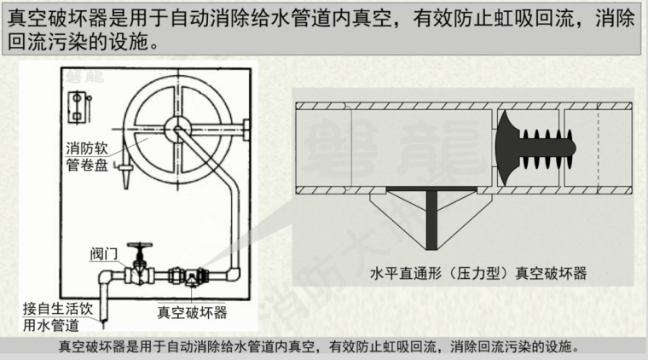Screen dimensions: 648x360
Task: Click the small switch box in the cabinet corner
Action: coord(79,105)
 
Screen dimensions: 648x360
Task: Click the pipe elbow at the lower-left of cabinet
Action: coord(101,276)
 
